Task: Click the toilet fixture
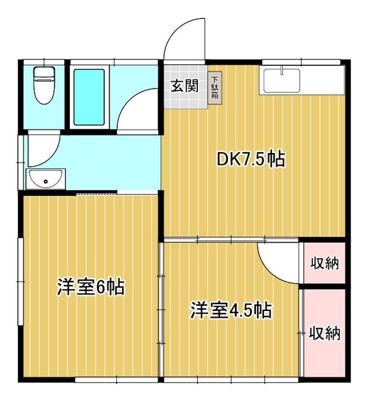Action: tap(44, 85)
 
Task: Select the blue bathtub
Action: tap(89, 97)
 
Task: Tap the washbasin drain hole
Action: tap(46, 181)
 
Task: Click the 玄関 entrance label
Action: tap(185, 85)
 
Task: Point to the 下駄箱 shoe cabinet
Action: tap(215, 88)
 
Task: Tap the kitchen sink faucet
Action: tap(282, 70)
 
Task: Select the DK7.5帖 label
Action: tap(251, 159)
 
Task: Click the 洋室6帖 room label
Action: tap(91, 286)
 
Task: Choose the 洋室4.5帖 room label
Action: tap(230, 310)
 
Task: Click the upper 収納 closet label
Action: tap(324, 264)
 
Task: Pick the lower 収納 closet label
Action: tap(324, 333)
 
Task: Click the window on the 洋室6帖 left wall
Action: tap(20, 281)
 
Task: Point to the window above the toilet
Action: tap(44, 62)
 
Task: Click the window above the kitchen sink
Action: tap(301, 62)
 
